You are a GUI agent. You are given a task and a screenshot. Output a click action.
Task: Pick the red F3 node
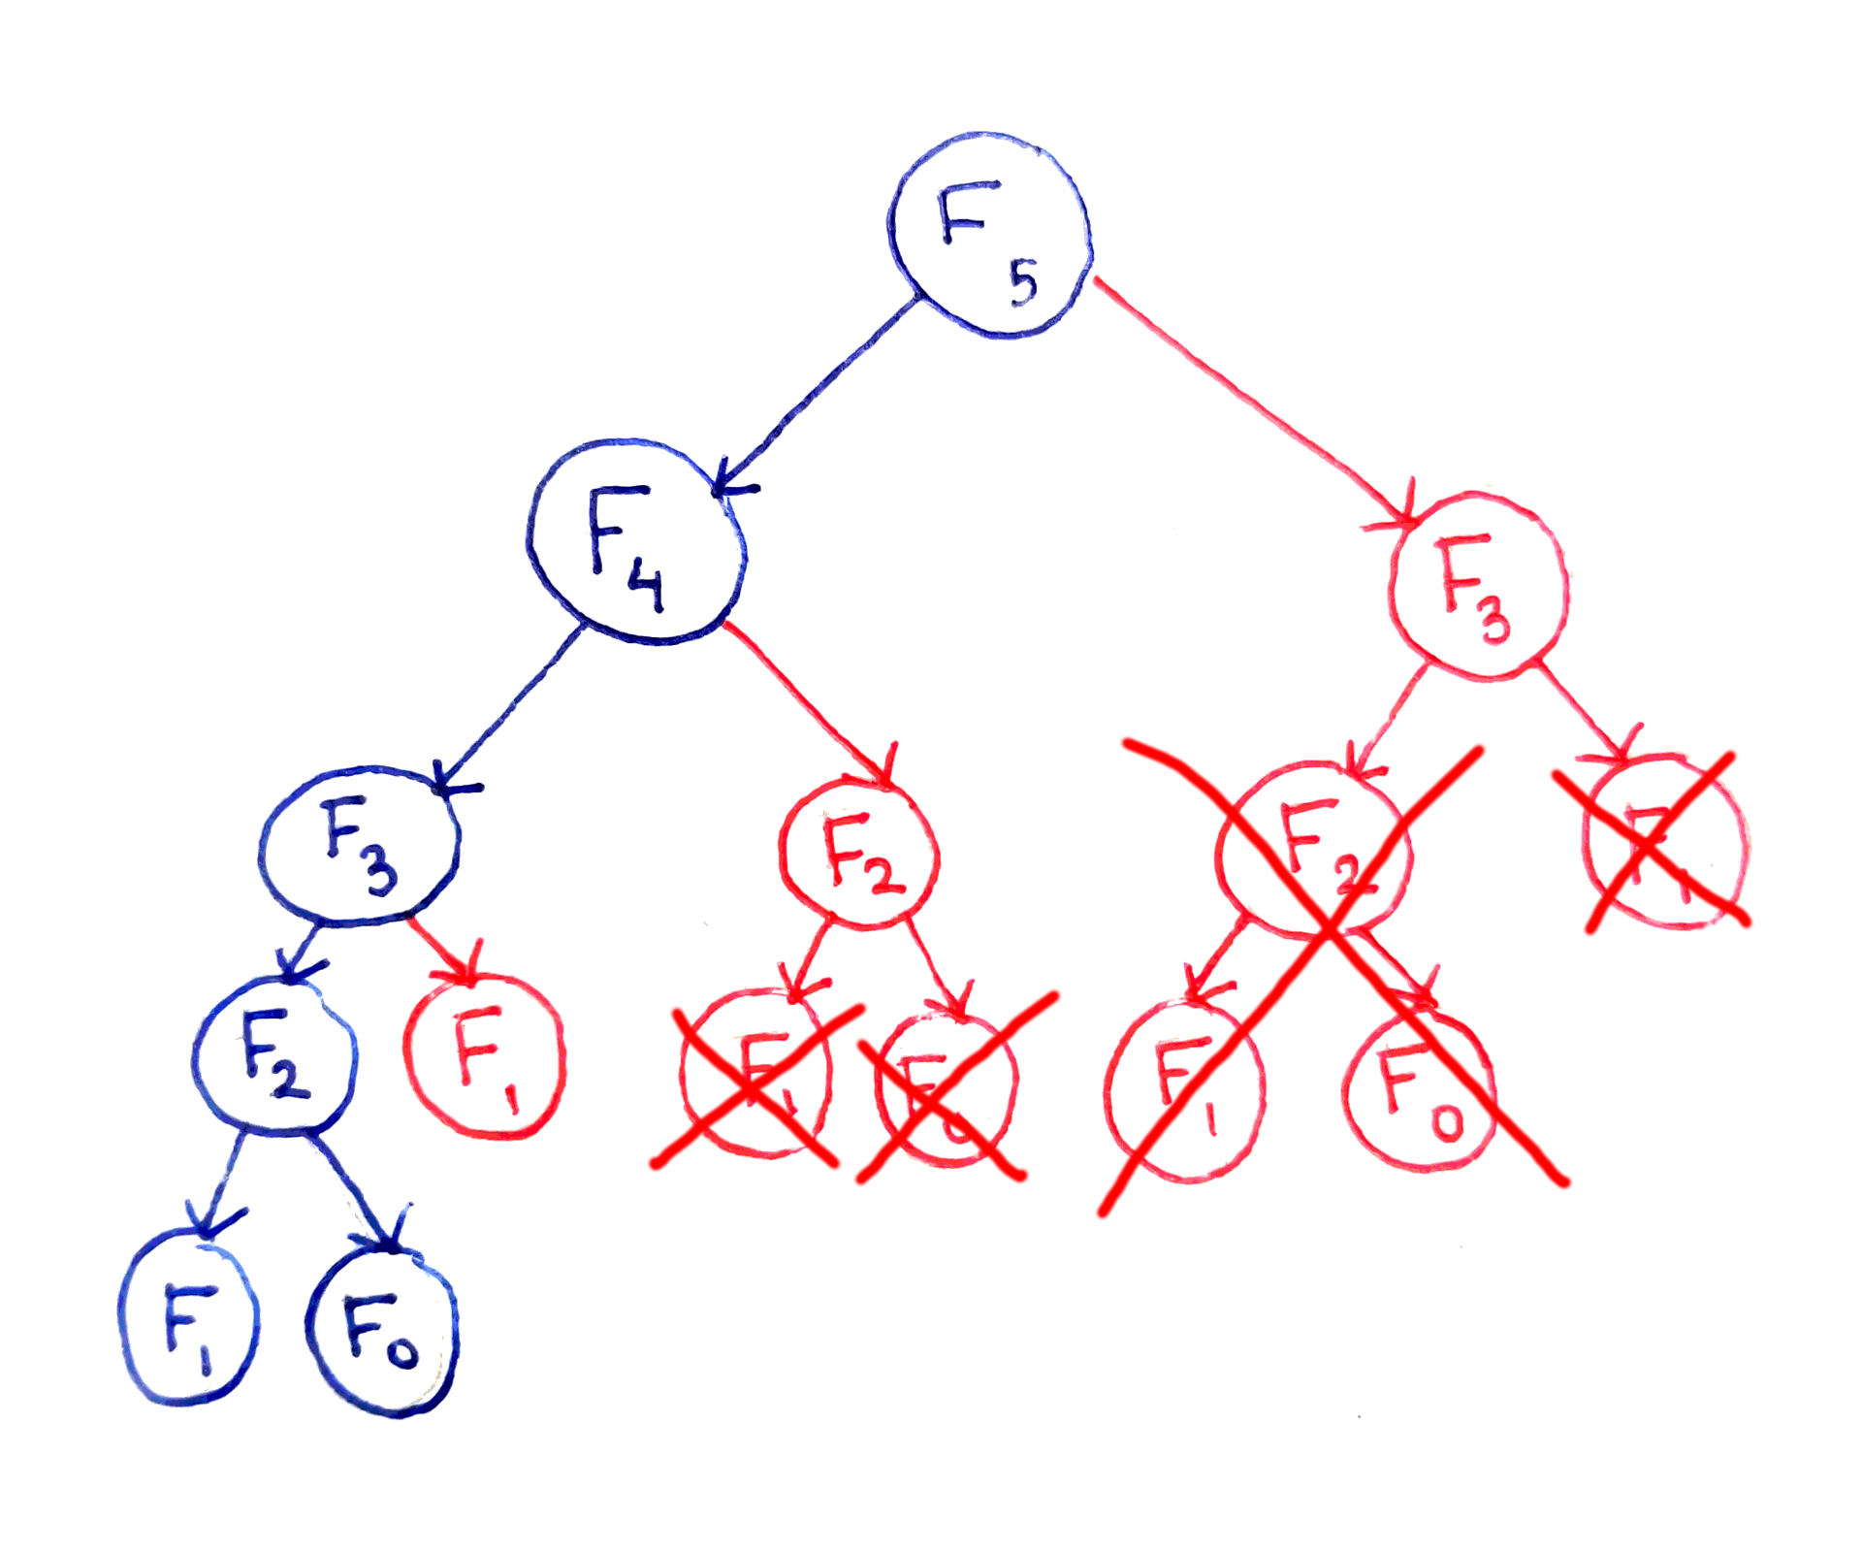click(1478, 588)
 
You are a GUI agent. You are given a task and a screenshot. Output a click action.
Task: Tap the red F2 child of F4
click(859, 855)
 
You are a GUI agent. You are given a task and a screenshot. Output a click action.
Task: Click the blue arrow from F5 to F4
click(819, 393)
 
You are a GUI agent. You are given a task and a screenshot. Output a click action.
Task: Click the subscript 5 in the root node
click(1023, 283)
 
